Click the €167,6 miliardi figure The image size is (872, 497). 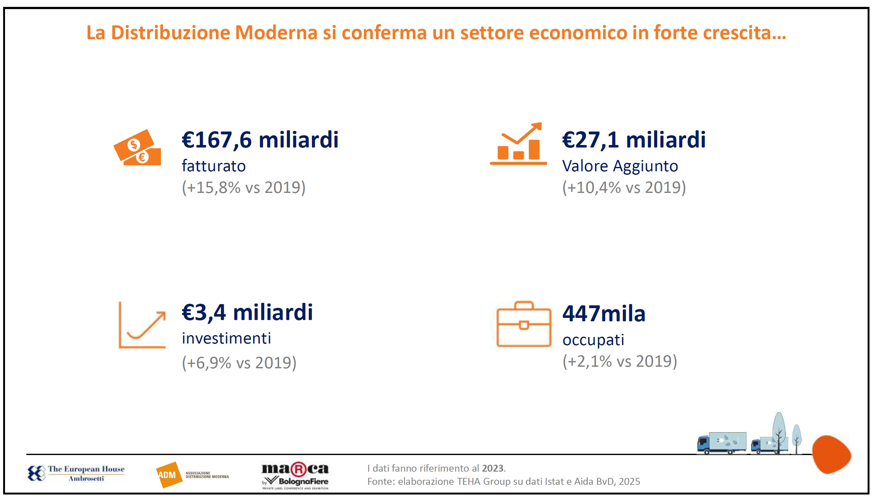pos(260,140)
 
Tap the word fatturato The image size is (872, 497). pos(214,166)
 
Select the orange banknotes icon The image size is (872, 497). pos(137,148)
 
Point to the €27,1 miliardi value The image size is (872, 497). pos(634,140)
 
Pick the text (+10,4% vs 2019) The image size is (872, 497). pos(624,187)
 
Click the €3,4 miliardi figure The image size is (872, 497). pos(247,312)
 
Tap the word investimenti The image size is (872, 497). pos(226,339)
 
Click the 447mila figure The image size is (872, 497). pos(604,314)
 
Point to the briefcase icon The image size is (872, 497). pos(524,325)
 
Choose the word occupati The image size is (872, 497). pos(593,340)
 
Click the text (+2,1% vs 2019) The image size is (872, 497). pos(619,361)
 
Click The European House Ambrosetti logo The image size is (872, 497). pos(76,474)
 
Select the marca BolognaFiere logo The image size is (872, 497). pos(295,475)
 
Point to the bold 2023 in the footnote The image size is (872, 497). pos(493,468)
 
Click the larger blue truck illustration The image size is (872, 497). pos(721,443)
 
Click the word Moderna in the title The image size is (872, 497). pos(276,33)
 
